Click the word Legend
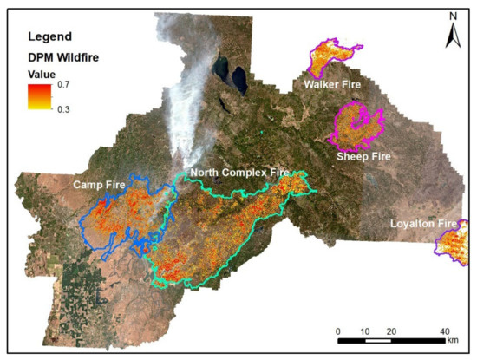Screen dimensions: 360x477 [x=44, y=38]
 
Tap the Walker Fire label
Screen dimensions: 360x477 [x=332, y=85]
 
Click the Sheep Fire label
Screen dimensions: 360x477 [x=363, y=156]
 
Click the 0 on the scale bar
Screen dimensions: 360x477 [x=338, y=331]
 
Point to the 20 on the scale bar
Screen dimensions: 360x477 [x=392, y=331]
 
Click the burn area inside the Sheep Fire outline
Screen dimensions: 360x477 [x=355, y=127]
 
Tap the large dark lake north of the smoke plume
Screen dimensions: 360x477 [x=220, y=69]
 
